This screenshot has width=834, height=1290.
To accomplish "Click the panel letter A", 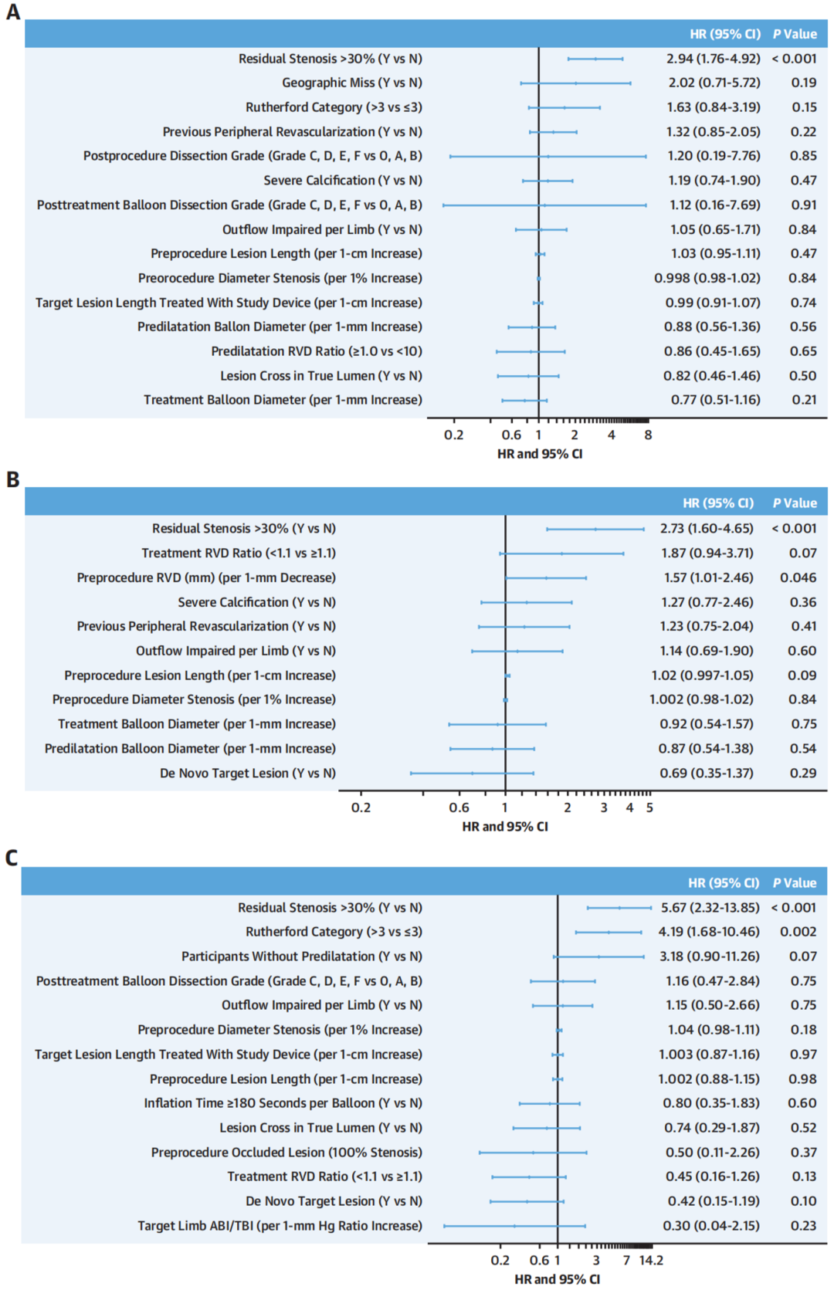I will coord(13,12).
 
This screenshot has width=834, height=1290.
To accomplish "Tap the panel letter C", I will coord(12,858).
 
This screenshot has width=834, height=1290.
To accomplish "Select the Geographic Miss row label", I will coord(351,83).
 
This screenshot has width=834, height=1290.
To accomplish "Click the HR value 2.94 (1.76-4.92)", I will coord(713,59).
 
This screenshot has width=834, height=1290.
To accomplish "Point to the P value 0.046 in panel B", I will coord(798,577).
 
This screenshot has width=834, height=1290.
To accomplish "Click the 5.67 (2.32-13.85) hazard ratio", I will coord(710,908).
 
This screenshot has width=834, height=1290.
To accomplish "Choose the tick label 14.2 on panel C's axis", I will coord(651,1260).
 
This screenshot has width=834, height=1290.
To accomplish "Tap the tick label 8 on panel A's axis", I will coord(648,435).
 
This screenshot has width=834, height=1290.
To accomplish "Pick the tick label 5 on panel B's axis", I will coord(649,808).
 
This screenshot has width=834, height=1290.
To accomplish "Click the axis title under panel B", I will coord(505,827).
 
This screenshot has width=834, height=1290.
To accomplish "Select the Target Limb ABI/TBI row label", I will coord(280,1225).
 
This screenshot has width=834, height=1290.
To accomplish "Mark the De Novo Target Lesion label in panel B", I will coord(247,773).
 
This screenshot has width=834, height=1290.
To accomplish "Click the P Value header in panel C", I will coord(795,882).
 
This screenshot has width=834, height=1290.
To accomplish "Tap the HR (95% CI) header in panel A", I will coord(724,34).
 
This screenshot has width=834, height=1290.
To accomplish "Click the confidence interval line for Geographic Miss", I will coord(575,83).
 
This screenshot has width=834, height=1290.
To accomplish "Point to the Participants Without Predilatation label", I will coord(301,956).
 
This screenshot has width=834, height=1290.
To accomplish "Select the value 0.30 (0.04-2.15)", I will coord(710,1225).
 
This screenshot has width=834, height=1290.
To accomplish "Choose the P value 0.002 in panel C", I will coord(798,932).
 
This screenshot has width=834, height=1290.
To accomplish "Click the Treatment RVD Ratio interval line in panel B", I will coord(562,554).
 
